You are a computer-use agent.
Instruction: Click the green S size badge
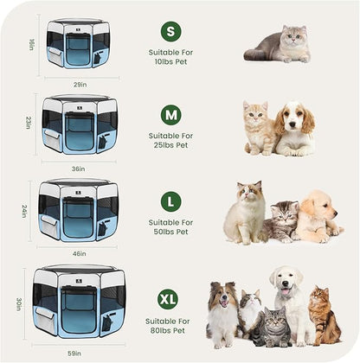[171, 32]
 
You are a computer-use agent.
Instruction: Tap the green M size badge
[171, 115]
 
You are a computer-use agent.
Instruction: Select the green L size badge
[171, 201]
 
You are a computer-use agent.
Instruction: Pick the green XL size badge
[168, 299]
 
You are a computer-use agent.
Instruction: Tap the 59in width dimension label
[76, 353]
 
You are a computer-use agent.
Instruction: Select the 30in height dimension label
[19, 304]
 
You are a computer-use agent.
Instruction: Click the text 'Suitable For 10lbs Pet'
[171, 58]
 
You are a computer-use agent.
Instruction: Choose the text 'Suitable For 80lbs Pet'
[170, 326]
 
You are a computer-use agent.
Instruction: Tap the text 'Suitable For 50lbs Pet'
[171, 228]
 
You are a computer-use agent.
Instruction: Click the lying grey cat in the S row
[279, 45]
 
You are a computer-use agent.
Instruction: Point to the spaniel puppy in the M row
[296, 130]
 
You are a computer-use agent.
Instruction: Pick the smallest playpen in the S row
[78, 44]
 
